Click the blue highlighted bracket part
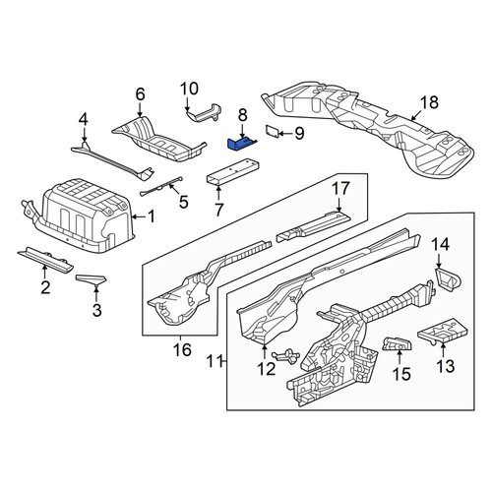tap(241, 145)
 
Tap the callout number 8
tap(242, 115)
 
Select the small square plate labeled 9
tap(273, 131)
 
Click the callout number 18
tap(429, 102)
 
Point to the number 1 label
tap(151, 216)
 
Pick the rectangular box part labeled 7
tap(232, 172)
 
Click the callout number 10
tap(190, 89)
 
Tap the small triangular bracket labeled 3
tap(91, 279)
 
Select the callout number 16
tap(183, 350)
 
